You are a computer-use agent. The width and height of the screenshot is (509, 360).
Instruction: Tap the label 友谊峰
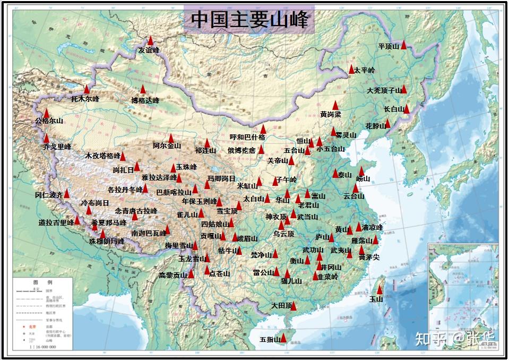point(149,50)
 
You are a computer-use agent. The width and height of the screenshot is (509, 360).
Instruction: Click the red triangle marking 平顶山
point(403,45)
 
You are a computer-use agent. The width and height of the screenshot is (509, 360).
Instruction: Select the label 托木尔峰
point(85,99)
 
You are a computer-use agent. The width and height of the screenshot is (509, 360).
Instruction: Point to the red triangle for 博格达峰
point(143,90)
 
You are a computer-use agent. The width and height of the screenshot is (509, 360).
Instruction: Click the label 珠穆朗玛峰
point(107,241)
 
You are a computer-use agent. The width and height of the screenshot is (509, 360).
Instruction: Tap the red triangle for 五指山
point(283,338)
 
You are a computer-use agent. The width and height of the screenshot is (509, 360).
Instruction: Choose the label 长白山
point(394,109)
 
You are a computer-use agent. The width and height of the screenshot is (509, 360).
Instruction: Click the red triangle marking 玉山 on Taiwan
point(379,289)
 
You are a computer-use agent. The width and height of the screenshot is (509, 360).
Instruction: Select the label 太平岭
point(364,70)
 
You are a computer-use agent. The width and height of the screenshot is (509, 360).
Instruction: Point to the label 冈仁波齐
point(49,195)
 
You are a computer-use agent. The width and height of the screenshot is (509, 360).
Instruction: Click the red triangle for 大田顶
point(293,306)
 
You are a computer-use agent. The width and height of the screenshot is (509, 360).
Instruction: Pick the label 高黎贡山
point(173,275)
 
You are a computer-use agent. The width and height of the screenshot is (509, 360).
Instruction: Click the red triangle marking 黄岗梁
point(335,105)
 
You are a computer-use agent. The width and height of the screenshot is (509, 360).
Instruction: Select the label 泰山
point(344,175)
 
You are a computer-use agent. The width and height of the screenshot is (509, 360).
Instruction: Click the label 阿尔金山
point(167,145)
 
